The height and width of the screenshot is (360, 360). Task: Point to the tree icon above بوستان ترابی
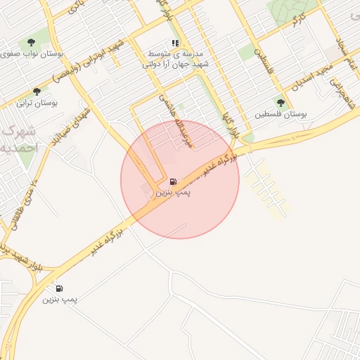coord(37,91)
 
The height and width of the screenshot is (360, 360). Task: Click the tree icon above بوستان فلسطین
coord(281,103)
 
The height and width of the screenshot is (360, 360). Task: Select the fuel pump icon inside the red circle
coord(173,182)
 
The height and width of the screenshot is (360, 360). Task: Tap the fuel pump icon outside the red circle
coord(59,288)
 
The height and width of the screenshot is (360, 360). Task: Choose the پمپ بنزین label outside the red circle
coord(60,300)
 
